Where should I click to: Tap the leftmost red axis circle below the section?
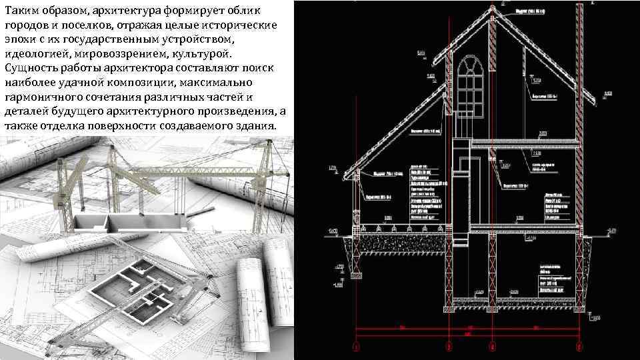click(356, 347)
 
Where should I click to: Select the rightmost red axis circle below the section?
click(580, 347)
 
